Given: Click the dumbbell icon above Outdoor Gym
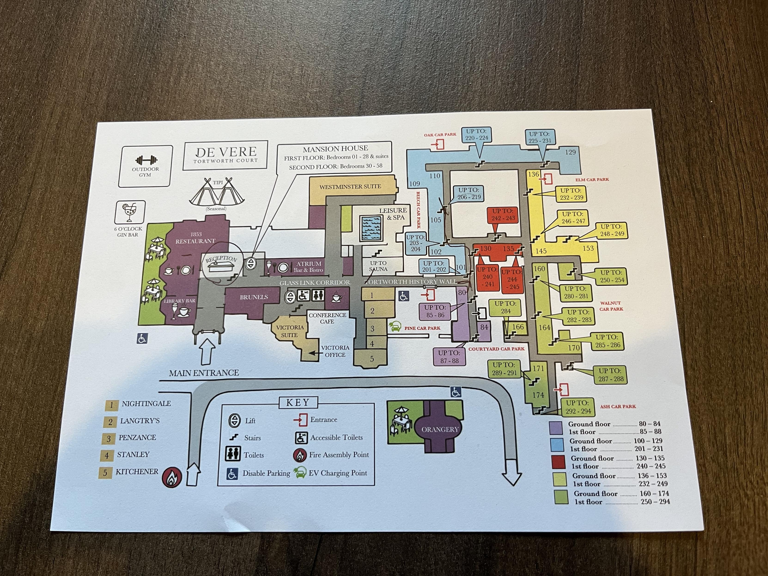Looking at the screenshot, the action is click(x=146, y=160).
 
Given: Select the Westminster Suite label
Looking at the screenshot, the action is click(x=350, y=187).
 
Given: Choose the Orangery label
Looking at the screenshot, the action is click(x=440, y=430).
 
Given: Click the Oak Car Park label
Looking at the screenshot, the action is click(x=440, y=135).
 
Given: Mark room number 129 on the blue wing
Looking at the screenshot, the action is click(x=570, y=152).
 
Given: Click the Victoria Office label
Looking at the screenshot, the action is click(x=335, y=351).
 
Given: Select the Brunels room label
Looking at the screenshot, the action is click(x=254, y=297).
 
